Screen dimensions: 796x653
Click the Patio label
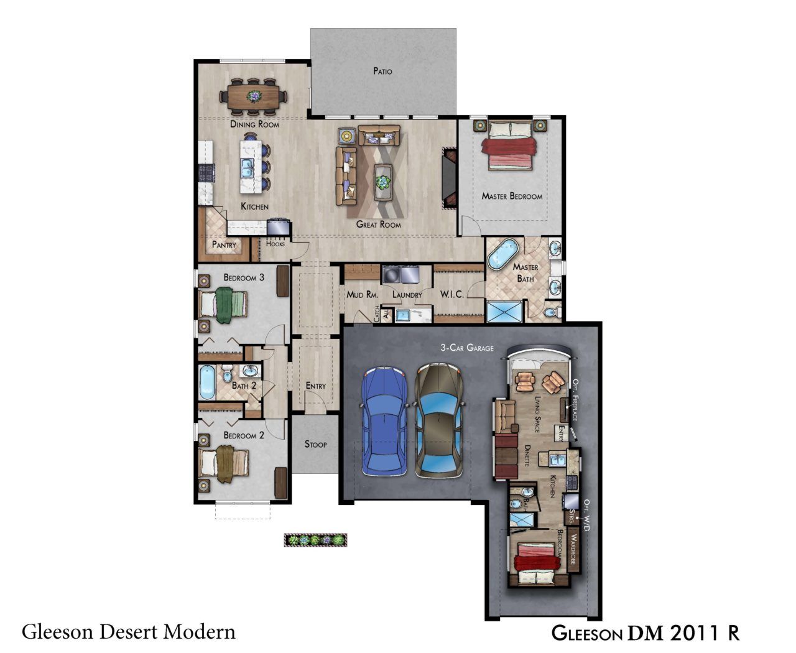(382, 71)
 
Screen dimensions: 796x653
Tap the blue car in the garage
(384, 421)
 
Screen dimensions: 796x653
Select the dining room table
(253, 96)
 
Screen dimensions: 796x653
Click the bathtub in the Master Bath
(502, 253)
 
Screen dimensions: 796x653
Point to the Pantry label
(224, 244)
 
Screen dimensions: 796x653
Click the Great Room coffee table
(383, 183)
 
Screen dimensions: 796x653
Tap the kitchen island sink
(248, 168)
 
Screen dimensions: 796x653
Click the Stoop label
(315, 444)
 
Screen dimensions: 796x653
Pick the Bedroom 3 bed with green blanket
(223, 305)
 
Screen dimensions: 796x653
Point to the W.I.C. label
(451, 294)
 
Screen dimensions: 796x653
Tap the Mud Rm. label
(363, 294)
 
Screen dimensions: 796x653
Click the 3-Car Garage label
(467, 348)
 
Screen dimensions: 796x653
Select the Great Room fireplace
(450, 177)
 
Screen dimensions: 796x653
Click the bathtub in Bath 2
(207, 382)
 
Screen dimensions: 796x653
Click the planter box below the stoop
(315, 540)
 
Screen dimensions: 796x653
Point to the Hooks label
(275, 244)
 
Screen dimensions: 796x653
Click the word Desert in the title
(129, 632)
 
